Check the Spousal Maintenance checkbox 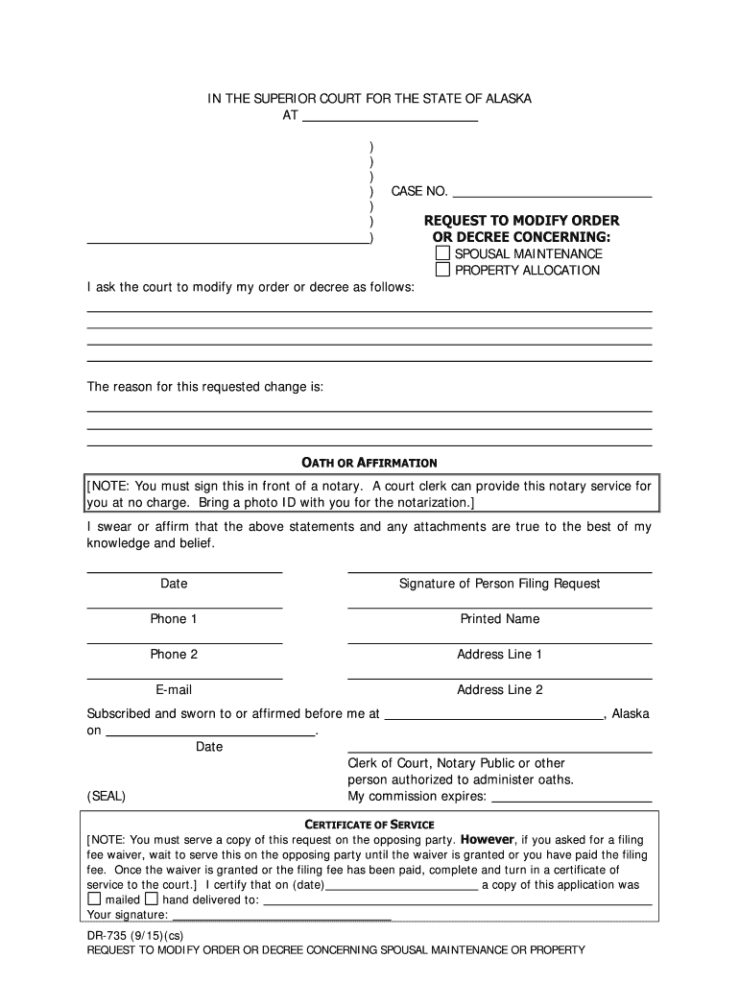coord(442,253)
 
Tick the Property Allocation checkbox coord(442,270)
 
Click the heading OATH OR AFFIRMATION coord(369,463)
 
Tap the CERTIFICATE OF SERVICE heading coord(369,825)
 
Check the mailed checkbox coord(94,899)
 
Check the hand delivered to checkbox coord(152,899)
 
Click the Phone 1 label coord(174,619)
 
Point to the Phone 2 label coord(174,655)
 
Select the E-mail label coord(174,690)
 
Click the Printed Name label coord(500,619)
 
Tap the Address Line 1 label coord(500,655)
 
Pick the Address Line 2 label coord(500,690)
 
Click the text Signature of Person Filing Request coord(500,584)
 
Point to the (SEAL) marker coord(107,797)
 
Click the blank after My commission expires coord(571,796)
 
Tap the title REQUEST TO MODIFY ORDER coord(522,221)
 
